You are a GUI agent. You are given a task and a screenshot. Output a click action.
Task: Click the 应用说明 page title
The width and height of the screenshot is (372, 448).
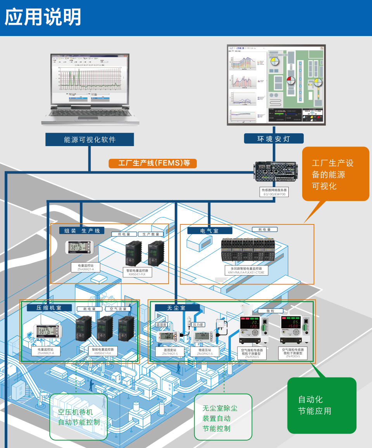pos(43,17)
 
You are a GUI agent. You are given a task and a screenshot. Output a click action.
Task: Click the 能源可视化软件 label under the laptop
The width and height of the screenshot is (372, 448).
pos(90,140)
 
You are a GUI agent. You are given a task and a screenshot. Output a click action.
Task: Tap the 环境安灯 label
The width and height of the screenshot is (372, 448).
pos(274,139)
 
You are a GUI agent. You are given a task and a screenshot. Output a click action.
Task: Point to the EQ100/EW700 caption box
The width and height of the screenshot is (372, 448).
pos(275,192)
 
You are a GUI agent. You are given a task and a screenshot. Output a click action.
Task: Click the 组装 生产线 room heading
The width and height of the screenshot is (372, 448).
pos(82,231)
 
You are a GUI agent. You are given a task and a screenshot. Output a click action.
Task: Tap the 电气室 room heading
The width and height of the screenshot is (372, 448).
pos(210,231)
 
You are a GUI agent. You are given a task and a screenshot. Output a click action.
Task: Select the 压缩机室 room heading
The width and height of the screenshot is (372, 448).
pos(49,308)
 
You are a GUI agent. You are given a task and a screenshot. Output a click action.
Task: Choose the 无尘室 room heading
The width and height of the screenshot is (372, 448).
pos(177,308)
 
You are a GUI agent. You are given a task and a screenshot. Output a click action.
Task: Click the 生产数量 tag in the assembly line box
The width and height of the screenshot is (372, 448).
pos(151,234)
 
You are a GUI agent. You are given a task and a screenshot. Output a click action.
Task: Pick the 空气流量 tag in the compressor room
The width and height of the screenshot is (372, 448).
pos(118,309)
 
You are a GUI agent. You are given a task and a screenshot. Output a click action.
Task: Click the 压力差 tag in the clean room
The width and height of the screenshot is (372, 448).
pos(198,324)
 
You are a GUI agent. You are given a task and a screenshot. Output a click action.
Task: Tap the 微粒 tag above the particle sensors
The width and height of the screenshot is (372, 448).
pos(270,311)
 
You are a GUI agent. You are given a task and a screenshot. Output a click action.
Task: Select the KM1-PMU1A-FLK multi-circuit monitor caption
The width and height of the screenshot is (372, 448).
pos(246,271)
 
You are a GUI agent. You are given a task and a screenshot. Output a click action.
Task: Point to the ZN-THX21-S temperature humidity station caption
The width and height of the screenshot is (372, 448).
pos(170,352)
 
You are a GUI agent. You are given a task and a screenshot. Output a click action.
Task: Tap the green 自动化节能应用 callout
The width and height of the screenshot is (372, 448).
pos(322,405)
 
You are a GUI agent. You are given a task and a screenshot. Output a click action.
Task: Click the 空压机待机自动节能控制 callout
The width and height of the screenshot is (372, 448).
pos(79,417)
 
